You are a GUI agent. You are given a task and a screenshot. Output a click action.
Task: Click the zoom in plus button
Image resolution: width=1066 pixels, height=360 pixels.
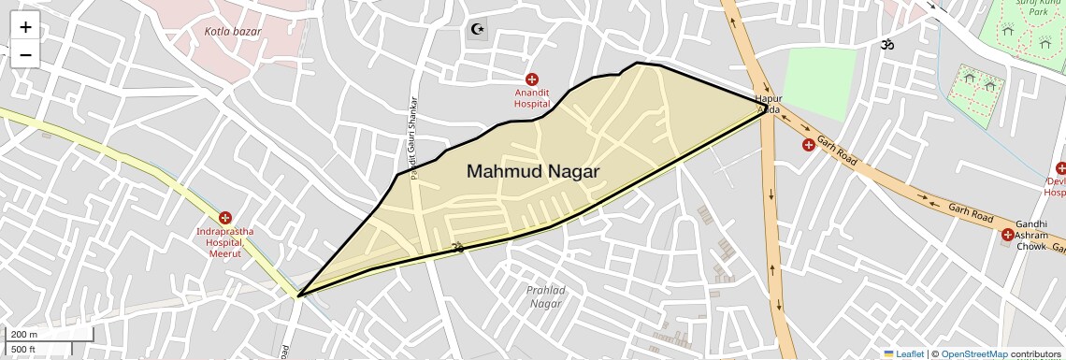25,27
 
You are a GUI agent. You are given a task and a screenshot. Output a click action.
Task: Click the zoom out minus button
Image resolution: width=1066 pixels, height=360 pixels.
25,55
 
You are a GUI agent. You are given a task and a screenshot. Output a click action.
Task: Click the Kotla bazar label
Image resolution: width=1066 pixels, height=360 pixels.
233,31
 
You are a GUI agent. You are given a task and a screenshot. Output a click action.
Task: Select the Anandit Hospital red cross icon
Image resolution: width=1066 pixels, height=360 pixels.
532,79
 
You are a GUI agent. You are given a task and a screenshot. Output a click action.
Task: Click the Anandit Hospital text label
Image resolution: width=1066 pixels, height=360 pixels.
532,98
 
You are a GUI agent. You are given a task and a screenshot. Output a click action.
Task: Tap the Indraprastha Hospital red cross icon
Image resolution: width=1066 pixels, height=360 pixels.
224,217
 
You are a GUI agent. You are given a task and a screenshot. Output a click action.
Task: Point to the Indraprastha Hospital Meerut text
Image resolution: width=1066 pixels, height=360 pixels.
224,242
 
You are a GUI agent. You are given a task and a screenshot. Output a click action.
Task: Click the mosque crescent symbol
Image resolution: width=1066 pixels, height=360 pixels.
478,29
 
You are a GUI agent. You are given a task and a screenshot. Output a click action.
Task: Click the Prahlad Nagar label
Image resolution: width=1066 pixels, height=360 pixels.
545,296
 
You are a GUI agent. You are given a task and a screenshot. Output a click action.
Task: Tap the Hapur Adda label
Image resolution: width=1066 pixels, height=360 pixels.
768,104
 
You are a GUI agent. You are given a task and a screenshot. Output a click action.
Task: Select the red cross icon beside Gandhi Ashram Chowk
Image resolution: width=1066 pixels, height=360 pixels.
1007,235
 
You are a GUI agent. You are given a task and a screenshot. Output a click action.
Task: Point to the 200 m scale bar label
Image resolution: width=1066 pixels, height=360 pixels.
25,335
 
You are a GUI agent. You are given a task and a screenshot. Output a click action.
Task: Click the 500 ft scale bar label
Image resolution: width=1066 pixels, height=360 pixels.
24,349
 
